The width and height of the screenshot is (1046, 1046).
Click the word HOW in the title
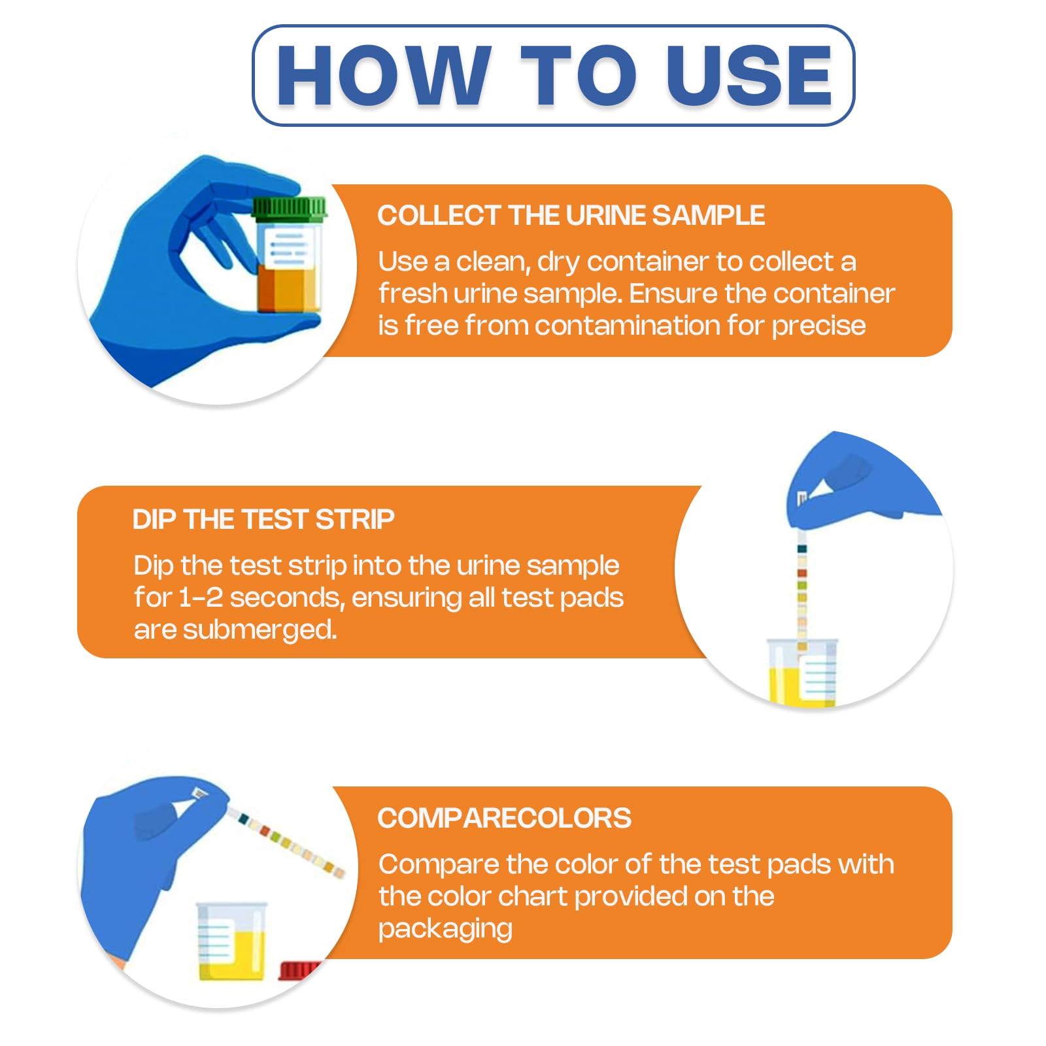[x=384, y=76]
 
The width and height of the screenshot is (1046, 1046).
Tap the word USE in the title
[x=750, y=76]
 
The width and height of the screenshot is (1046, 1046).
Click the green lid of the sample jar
[x=289, y=208]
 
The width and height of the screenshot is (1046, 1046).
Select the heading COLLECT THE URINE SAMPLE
[x=571, y=216]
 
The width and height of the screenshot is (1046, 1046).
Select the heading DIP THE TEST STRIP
[x=263, y=520]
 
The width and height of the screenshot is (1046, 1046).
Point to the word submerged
[x=260, y=630]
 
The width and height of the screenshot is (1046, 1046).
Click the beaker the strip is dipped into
[x=802, y=672]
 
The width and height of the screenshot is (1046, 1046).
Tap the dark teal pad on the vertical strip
[x=802, y=549]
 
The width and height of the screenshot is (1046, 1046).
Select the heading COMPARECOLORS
[x=505, y=818]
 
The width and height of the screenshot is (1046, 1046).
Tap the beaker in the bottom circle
[x=232, y=941]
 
